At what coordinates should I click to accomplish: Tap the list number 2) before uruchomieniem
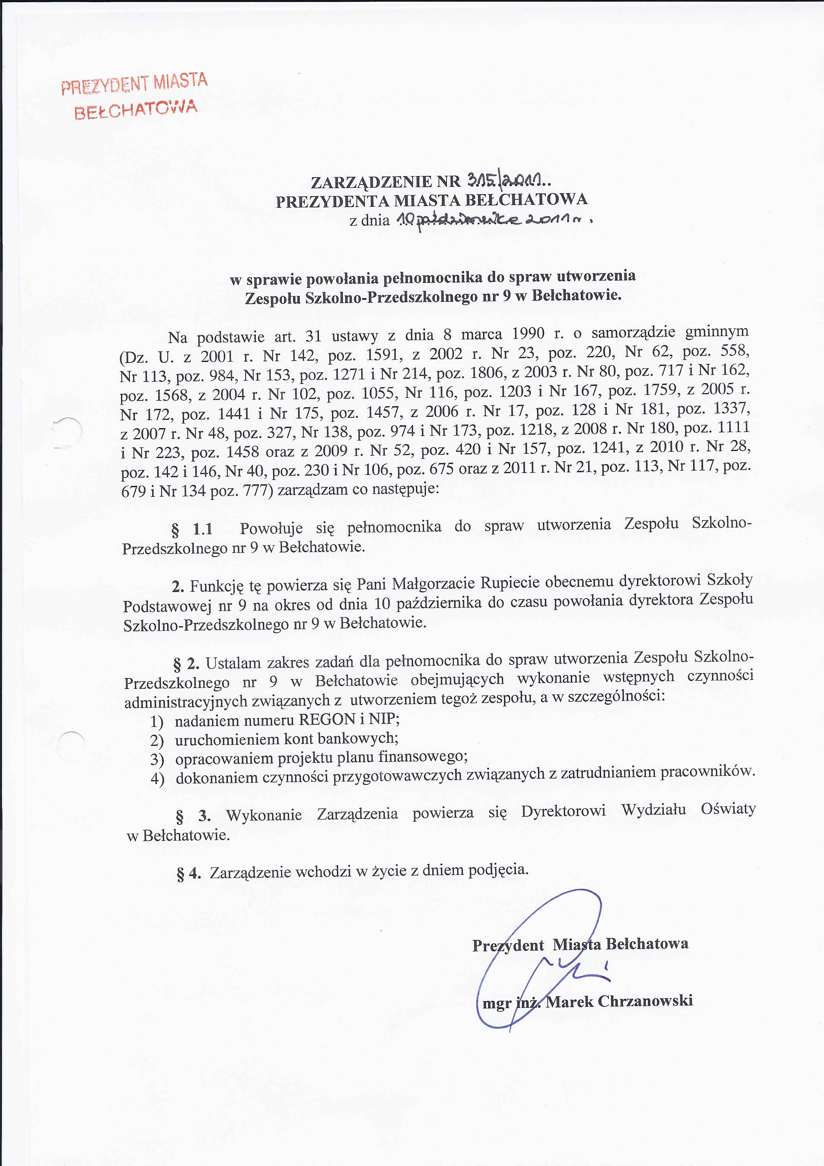tap(156, 740)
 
